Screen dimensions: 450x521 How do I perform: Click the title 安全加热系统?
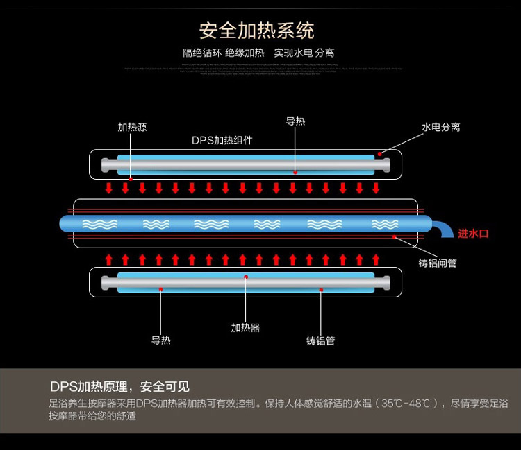pyautogui.click(x=256, y=31)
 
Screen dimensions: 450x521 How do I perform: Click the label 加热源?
pyautogui.click(x=132, y=128)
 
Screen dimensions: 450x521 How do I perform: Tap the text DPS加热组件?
pyautogui.click(x=222, y=140)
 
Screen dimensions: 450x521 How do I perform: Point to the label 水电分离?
pyautogui.click(x=440, y=128)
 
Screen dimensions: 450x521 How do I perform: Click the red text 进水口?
pyautogui.click(x=473, y=234)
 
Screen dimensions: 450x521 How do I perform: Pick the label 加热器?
pyautogui.click(x=245, y=327)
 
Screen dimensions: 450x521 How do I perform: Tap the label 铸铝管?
pyautogui.click(x=320, y=340)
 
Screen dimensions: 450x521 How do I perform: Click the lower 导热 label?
pyautogui.click(x=161, y=340)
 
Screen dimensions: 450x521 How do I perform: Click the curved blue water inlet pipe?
pyautogui.click(x=441, y=228)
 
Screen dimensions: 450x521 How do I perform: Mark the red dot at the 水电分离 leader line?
pyautogui.click(x=379, y=154)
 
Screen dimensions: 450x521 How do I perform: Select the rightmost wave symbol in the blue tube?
pyautogui.click(x=385, y=224)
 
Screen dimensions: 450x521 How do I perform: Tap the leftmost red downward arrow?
pyautogui.click(x=108, y=188)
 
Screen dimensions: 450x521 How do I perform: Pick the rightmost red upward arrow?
pyautogui.click(x=377, y=259)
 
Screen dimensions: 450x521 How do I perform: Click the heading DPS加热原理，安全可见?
pyautogui.click(x=119, y=387)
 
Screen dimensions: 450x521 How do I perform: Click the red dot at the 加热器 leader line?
pyautogui.click(x=245, y=277)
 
